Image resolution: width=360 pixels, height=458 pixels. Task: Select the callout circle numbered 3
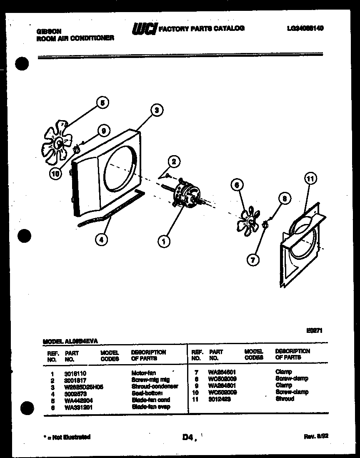pyautogui.click(x=156, y=111)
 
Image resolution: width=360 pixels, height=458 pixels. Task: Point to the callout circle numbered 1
pyautogui.click(x=164, y=241)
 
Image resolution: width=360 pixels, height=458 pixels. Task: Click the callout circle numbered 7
pyautogui.click(x=252, y=260)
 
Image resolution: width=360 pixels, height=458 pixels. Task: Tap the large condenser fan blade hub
pyautogui.click(x=58, y=143)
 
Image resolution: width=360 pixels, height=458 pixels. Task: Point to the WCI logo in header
pyautogui.click(x=144, y=29)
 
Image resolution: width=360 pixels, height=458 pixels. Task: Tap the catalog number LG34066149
pyautogui.click(x=305, y=28)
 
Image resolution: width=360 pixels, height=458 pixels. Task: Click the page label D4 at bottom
pyautogui.click(x=188, y=438)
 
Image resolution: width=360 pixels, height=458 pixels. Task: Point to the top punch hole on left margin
pyautogui.click(x=21, y=65)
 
